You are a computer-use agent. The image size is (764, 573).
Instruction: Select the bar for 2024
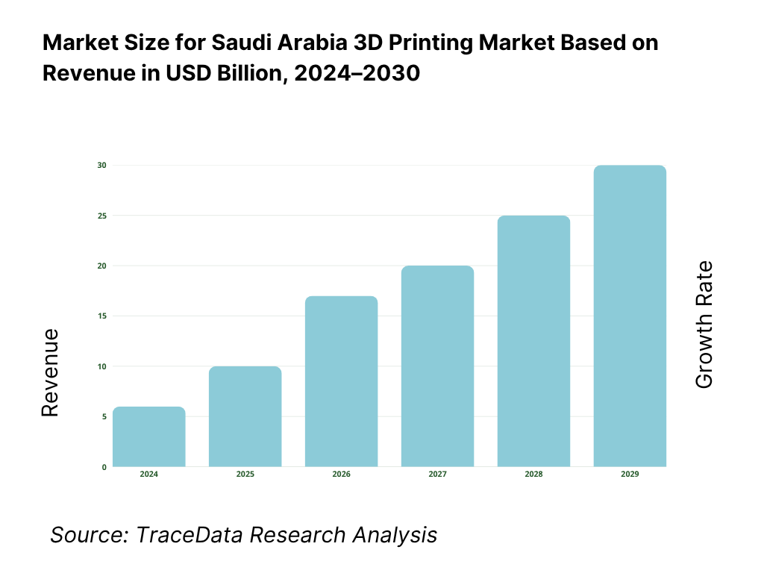[x=148, y=437]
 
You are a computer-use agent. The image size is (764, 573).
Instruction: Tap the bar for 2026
[x=341, y=381]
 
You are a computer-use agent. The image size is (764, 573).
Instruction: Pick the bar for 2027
[x=437, y=366]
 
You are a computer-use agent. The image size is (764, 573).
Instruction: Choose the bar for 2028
[x=533, y=341]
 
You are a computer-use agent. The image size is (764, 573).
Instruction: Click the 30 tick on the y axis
[x=102, y=165]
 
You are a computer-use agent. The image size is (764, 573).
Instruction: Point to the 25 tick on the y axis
[x=102, y=216]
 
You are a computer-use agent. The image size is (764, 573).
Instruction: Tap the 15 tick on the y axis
[x=102, y=316]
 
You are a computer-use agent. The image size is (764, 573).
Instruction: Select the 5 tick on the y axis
[x=104, y=416]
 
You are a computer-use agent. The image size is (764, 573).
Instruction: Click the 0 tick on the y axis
[x=104, y=467]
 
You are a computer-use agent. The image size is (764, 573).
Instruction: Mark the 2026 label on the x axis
[x=341, y=475]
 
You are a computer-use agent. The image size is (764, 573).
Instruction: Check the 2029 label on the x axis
[x=630, y=475]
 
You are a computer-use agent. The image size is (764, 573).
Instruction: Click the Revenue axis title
[x=50, y=372]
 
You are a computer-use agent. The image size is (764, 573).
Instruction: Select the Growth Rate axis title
[x=704, y=325]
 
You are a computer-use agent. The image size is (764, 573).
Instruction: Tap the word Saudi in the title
[x=239, y=43]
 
